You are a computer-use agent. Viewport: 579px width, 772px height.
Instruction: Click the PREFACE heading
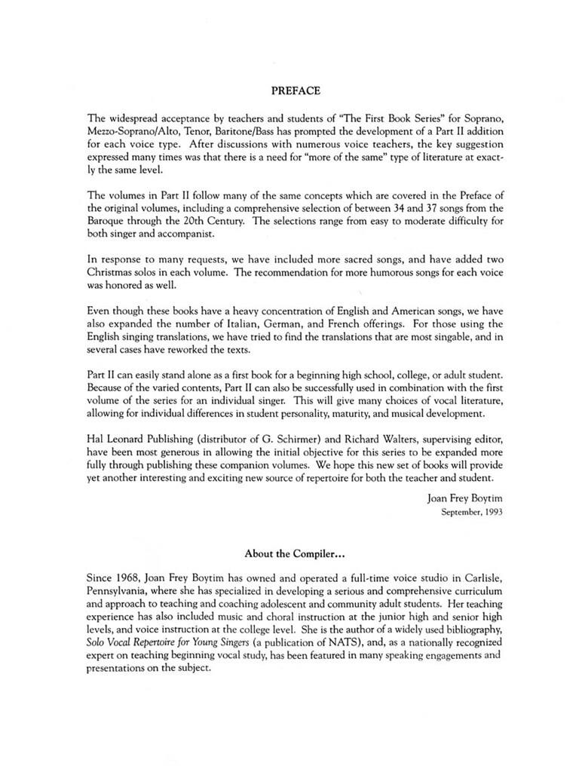pos(296,90)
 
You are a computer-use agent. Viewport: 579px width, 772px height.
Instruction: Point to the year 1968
pos(131,578)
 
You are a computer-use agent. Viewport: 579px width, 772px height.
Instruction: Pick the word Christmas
pos(114,271)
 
